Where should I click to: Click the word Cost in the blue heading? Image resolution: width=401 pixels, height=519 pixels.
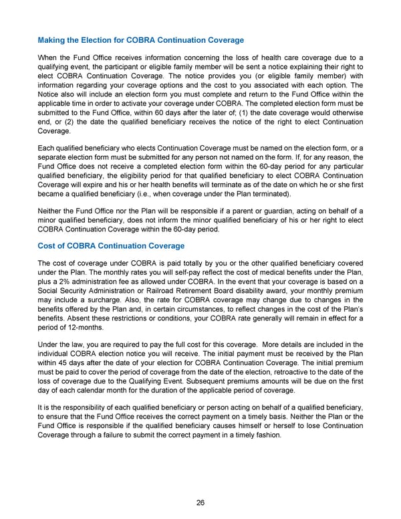(x=47, y=245)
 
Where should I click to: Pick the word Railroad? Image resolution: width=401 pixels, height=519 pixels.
(x=209, y=296)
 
